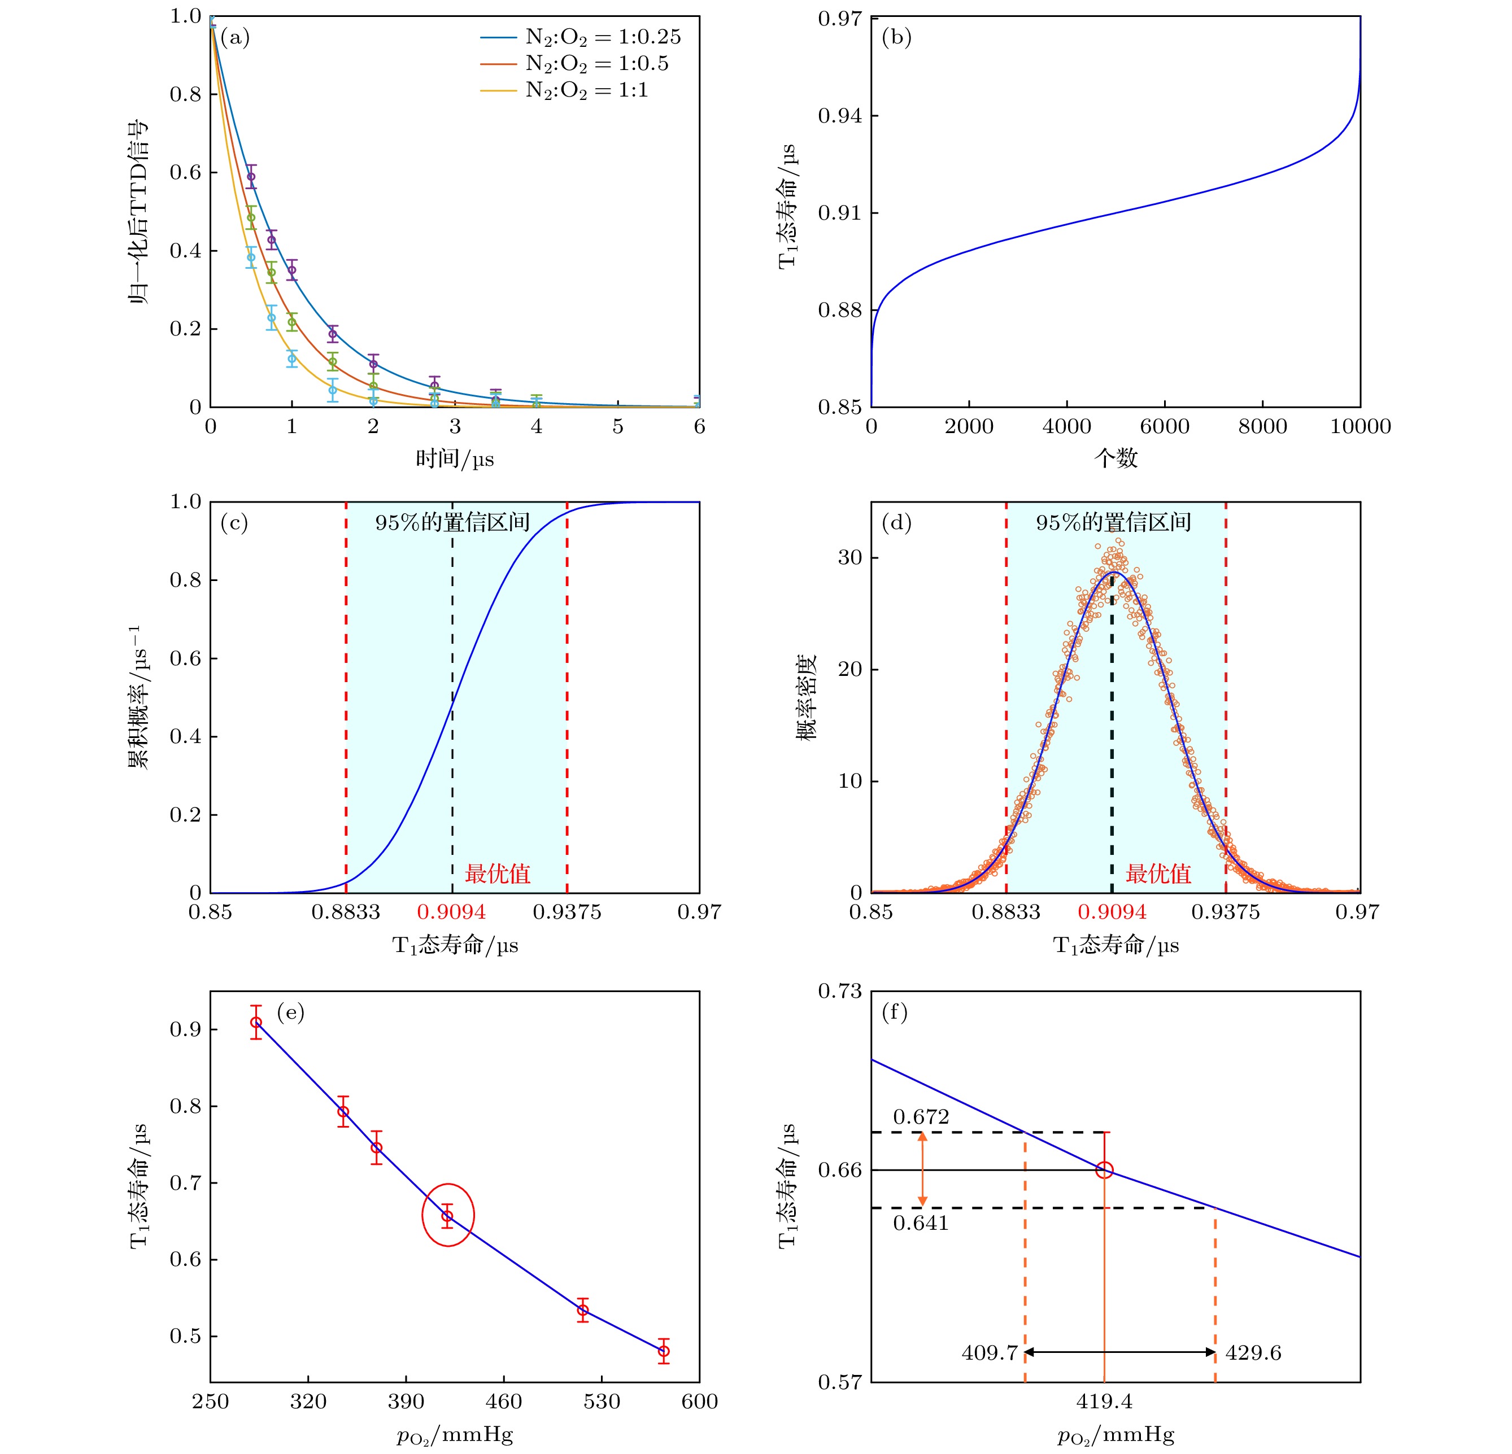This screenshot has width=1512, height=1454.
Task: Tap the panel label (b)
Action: [x=896, y=37]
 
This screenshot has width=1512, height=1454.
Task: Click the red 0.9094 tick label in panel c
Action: [x=451, y=912]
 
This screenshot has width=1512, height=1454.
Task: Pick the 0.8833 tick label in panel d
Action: [x=1006, y=912]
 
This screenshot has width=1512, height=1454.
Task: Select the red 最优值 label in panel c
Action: [x=498, y=874]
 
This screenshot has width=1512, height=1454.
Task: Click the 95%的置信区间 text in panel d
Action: [x=1113, y=522]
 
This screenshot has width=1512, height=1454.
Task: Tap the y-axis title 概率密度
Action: [x=805, y=697]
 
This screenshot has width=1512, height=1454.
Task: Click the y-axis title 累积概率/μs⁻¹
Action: [x=140, y=697]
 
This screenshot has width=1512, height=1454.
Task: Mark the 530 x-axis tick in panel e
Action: [x=602, y=1401]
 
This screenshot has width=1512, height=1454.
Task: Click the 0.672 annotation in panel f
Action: [x=921, y=1117]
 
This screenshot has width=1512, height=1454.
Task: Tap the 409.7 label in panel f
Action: [x=989, y=1352]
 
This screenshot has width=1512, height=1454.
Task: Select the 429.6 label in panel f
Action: [x=1253, y=1352]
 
